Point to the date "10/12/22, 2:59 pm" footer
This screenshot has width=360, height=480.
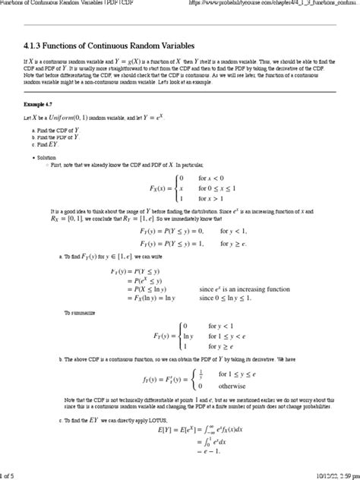pyautogui.click(x=323, y=473)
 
